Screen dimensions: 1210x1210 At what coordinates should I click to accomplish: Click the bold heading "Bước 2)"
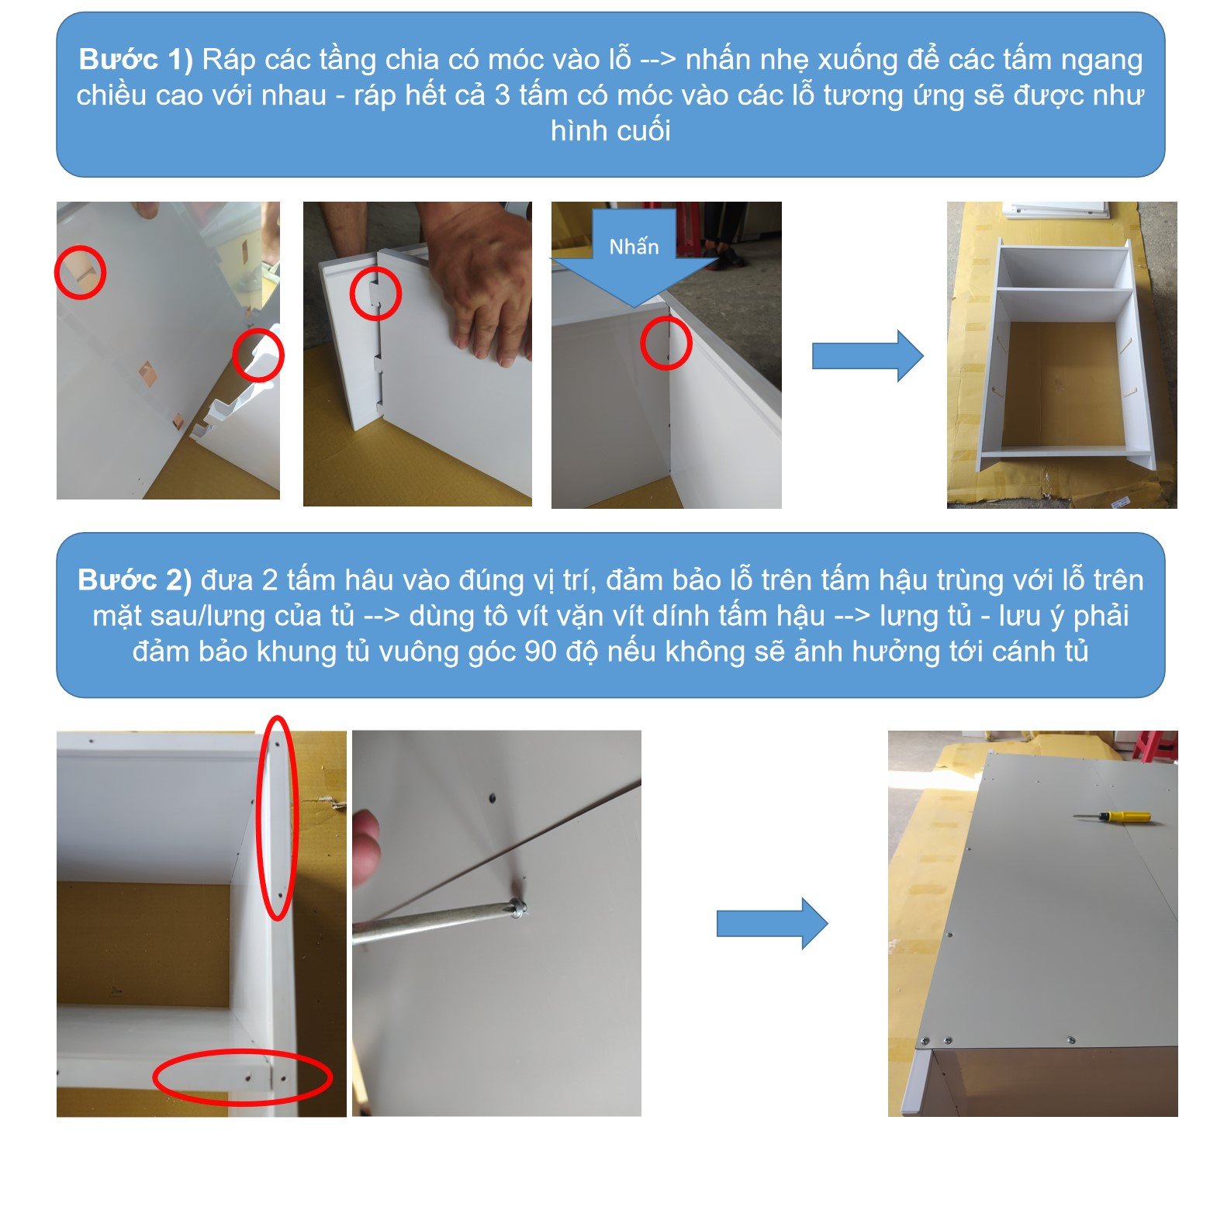(x=134, y=580)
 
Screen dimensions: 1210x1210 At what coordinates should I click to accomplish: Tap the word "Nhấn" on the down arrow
(x=634, y=247)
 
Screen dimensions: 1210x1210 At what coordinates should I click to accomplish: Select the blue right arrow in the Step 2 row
(x=773, y=924)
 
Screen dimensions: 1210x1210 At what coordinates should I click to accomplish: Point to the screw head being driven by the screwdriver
(x=519, y=905)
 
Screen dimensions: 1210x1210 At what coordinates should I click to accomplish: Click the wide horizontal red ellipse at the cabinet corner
(x=242, y=1076)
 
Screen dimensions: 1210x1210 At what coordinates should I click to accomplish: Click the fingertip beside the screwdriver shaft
(x=365, y=845)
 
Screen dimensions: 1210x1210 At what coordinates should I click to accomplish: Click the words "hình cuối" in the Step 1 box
(x=610, y=130)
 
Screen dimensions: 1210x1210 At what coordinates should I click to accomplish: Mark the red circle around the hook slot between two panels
(x=375, y=293)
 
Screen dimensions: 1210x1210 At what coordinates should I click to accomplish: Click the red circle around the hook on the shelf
(x=258, y=354)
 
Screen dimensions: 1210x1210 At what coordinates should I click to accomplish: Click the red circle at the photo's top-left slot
(x=81, y=272)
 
